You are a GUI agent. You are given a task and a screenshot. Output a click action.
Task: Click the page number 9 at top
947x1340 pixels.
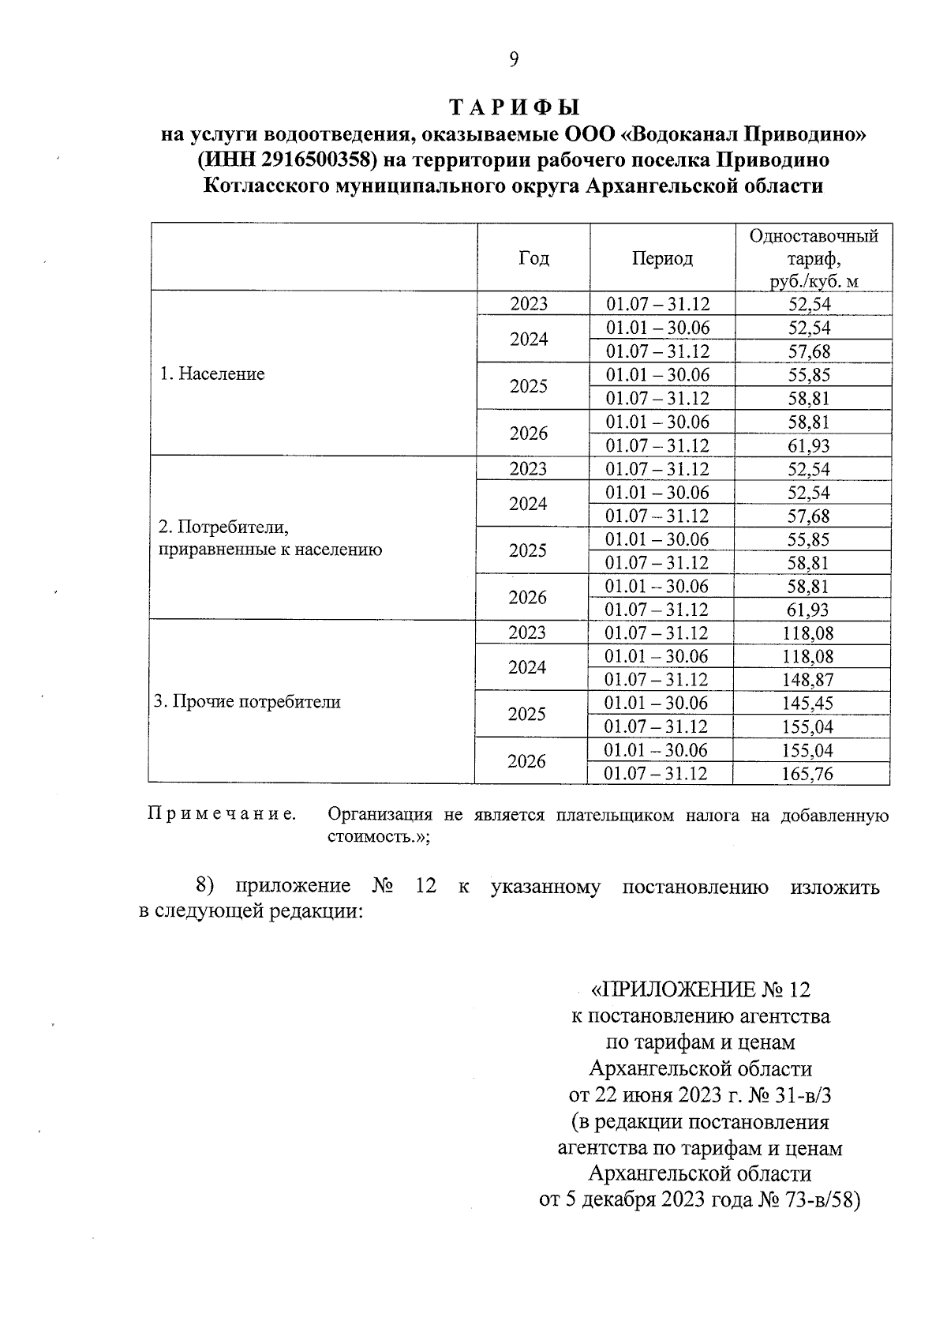[514, 60]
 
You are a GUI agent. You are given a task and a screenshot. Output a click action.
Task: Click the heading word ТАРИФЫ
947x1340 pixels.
[514, 107]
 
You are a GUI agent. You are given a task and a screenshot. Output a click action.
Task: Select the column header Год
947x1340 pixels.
[533, 258]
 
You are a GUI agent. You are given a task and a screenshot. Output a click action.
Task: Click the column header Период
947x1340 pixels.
[662, 258]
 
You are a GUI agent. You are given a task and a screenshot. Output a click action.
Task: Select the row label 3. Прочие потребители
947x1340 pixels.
[247, 702]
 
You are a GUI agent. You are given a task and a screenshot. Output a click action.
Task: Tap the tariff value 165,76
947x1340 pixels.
[807, 774]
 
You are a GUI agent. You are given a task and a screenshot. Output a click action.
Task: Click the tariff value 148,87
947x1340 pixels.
[807, 680]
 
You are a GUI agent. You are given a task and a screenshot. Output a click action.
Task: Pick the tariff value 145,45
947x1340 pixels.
[807, 704]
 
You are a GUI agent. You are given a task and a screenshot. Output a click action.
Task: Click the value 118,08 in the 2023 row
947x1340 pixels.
[807, 633]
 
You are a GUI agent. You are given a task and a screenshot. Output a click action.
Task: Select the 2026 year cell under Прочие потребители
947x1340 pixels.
[527, 762]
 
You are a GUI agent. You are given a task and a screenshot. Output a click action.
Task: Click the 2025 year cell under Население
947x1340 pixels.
[529, 387]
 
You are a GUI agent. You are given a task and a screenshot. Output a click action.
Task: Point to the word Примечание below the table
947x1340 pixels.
[222, 815]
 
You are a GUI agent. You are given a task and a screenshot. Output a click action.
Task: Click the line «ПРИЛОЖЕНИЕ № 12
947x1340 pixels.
[701, 989]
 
